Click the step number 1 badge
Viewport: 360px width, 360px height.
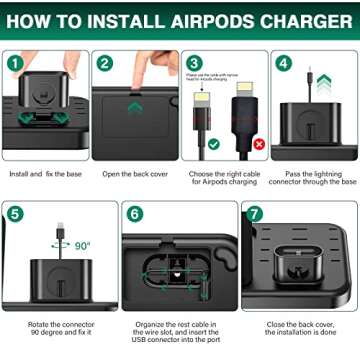coord(14,63)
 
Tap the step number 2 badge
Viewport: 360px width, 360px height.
coord(104,63)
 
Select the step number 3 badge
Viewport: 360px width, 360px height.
coord(194,63)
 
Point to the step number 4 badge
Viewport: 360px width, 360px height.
coord(283,63)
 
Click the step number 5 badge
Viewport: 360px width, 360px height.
coord(14,214)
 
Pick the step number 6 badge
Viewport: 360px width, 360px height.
coord(135,214)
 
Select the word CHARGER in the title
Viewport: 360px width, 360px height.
coord(299,20)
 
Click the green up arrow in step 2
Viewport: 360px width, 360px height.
coord(134,106)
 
